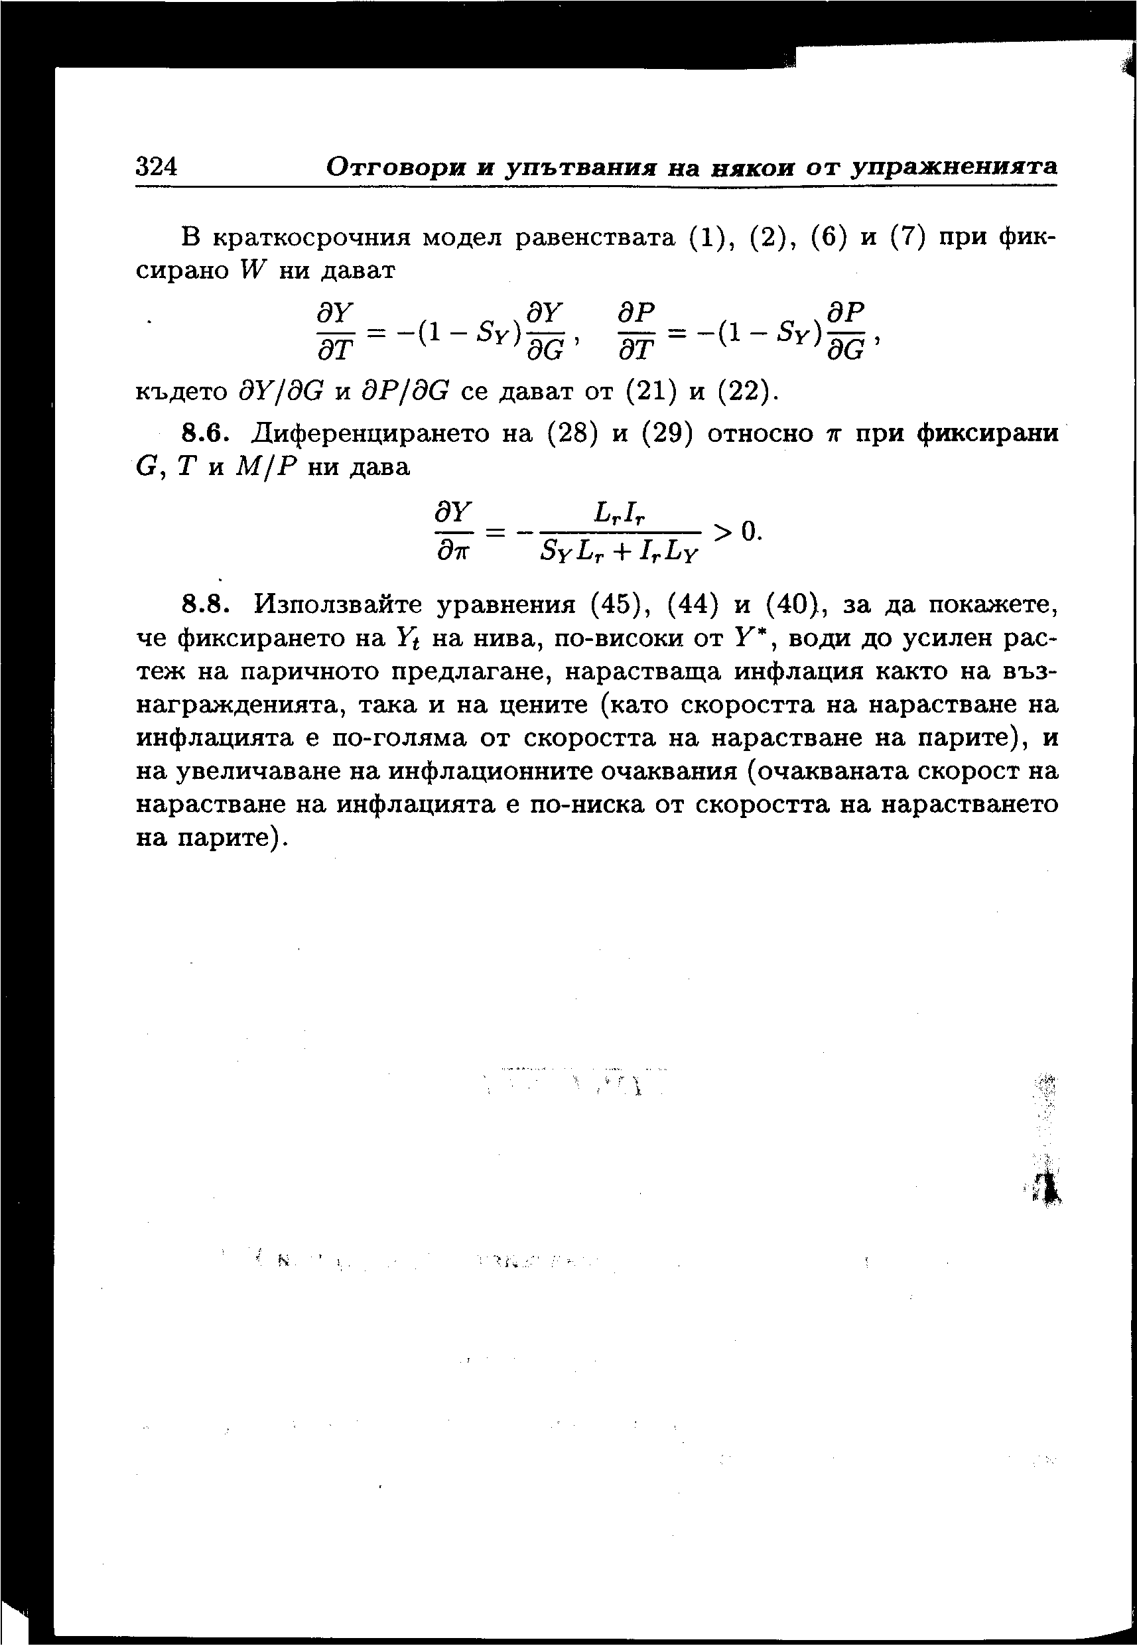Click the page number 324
pos(156,167)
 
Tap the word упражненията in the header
pos(955,168)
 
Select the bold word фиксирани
pos(987,433)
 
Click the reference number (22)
pos(744,391)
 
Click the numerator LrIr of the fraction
pos(618,512)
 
